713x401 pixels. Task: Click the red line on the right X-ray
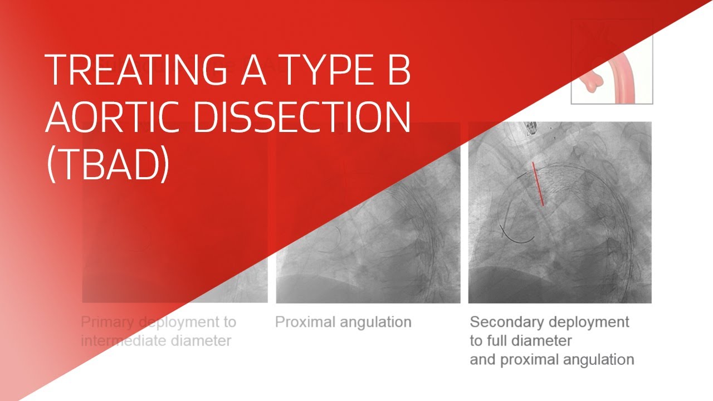coord(538,184)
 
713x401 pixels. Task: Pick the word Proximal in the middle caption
coord(304,322)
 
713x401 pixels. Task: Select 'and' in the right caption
coord(482,359)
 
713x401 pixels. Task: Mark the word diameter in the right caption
coord(548,340)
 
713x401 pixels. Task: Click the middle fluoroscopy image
coord(368,234)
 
